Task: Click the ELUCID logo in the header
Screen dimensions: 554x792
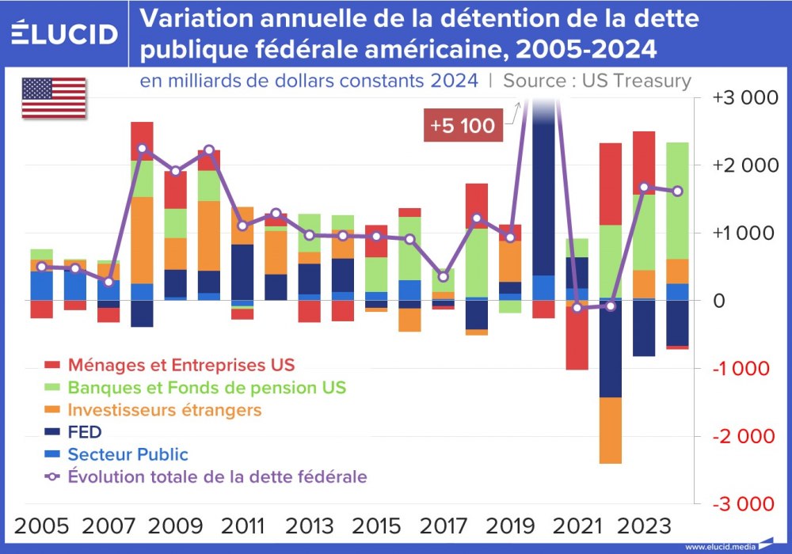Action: pos(65,33)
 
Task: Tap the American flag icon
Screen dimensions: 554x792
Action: pos(53,98)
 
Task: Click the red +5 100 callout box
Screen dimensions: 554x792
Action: pos(462,126)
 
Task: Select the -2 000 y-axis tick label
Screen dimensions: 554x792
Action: pos(741,436)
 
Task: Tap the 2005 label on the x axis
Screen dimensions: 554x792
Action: pos(40,526)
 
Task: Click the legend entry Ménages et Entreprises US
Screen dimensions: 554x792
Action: pos(181,365)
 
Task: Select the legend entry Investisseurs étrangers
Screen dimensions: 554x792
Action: pos(164,410)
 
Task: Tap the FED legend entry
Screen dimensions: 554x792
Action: pos(85,432)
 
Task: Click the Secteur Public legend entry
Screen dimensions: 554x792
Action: pos(128,454)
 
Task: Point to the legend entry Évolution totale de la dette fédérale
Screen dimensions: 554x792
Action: pos(216,476)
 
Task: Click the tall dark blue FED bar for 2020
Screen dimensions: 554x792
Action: pos(543,198)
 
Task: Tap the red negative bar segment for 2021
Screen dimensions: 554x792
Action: pos(577,337)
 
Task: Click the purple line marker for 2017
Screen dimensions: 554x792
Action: pos(444,276)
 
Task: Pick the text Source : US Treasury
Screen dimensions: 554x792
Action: pos(596,81)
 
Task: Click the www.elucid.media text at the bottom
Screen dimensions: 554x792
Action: pos(721,547)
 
